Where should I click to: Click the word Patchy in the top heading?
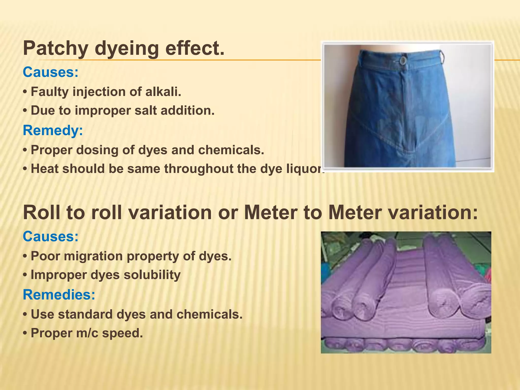click(56, 49)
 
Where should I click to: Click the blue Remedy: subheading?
click(53, 131)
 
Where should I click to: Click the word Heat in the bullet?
click(45, 169)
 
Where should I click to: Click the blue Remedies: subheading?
click(59, 295)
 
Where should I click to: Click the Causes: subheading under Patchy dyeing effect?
click(51, 72)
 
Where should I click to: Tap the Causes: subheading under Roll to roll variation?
click(51, 237)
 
